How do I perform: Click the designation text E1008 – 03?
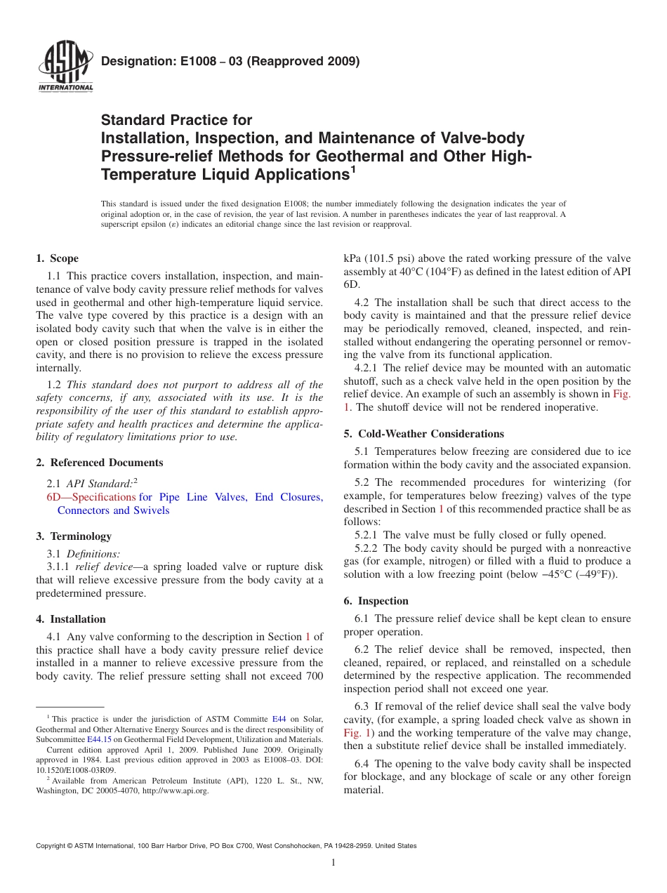coord(204,61)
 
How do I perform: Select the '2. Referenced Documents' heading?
coord(100,463)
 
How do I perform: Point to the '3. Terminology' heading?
coord(74,536)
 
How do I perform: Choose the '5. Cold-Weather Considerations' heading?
coord(423,434)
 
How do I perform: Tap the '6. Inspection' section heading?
coord(376,601)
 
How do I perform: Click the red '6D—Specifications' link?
coord(91,497)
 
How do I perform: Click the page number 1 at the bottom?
coord(333,863)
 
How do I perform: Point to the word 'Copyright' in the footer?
coord(51,846)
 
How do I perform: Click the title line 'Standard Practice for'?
coord(177,120)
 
